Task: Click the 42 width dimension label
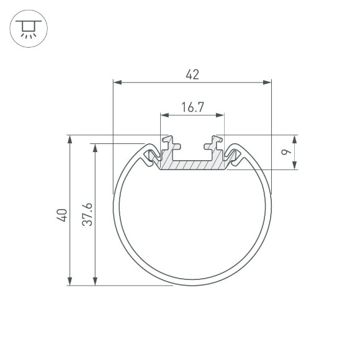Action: click(x=192, y=74)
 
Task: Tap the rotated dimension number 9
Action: click(x=284, y=152)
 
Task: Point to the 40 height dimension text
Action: click(x=61, y=215)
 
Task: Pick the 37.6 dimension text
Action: click(x=87, y=215)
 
